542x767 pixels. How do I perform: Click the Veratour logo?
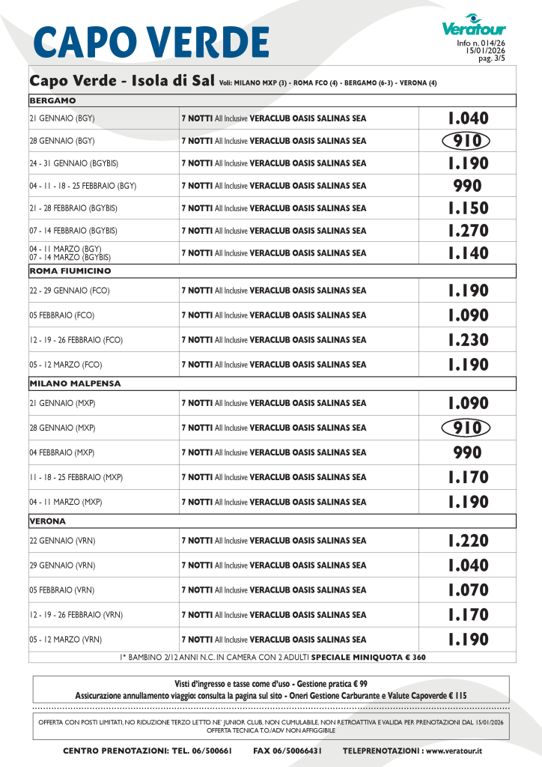473,27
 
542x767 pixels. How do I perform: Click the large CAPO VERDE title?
151,42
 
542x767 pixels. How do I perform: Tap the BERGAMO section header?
52,100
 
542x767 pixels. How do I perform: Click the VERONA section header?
48,521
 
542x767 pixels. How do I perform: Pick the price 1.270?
468,231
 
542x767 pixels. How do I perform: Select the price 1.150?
468,208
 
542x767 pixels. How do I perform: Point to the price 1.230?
468,340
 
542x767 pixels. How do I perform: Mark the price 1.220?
468,541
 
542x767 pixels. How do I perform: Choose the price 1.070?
468,590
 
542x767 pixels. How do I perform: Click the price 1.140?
468,253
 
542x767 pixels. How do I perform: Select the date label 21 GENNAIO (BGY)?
62,118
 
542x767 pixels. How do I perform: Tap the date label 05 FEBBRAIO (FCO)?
62,315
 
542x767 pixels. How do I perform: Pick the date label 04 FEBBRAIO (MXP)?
62,452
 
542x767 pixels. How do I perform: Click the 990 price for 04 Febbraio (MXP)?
468,452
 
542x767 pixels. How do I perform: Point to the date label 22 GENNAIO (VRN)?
62,541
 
